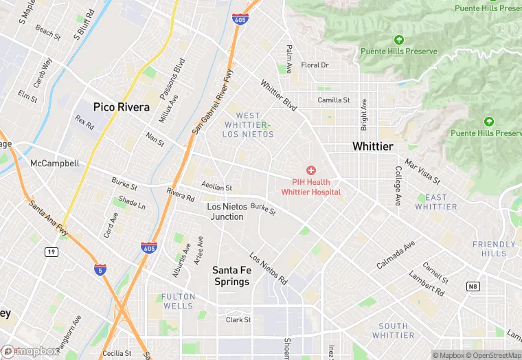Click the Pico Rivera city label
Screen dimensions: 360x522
pos(122,107)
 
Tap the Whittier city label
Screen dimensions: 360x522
pos(372,146)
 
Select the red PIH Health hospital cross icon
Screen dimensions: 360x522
pos(311,170)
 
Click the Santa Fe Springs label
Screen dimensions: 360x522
pos(232,275)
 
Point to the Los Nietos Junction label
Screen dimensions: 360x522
pos(225,211)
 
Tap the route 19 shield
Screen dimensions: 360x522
pos(51,252)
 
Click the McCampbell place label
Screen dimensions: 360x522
pos(55,164)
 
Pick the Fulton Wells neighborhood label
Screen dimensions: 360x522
pos(178,301)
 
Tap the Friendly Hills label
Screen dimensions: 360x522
pos(494,249)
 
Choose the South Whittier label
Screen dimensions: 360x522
pos(393,330)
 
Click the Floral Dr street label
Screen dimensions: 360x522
pos(315,65)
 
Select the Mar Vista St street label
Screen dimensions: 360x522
pos(422,172)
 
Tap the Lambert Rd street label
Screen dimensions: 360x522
pos(426,282)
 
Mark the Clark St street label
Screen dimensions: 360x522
pos(238,319)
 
